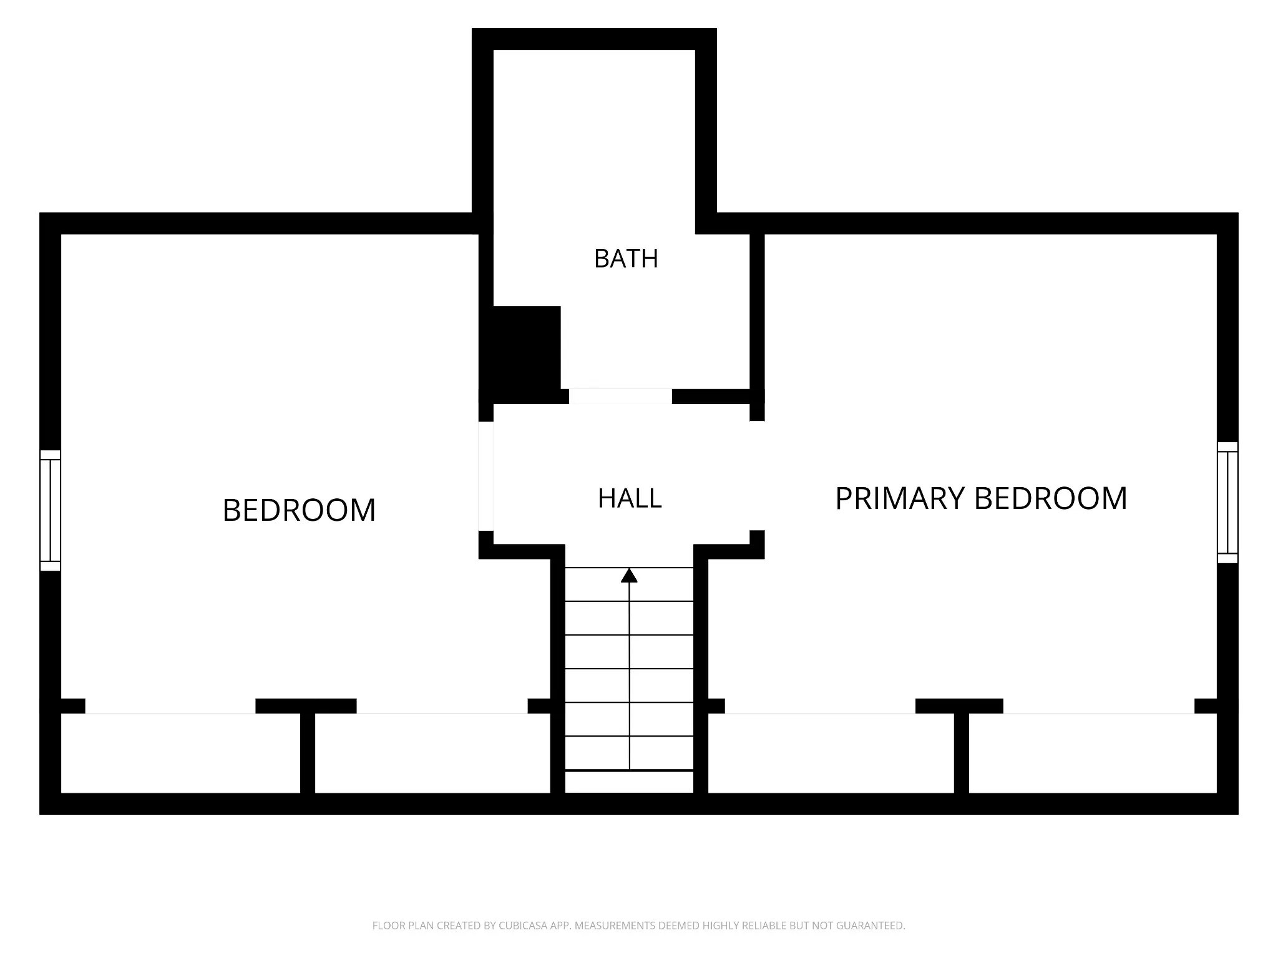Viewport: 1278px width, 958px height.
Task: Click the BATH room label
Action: (626, 259)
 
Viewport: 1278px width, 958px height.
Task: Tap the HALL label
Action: (630, 499)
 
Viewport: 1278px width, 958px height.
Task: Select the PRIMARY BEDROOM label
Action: (981, 498)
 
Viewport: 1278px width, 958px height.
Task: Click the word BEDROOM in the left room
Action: (299, 510)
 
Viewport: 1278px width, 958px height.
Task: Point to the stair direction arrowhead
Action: (629, 575)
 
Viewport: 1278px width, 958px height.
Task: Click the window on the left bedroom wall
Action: (51, 510)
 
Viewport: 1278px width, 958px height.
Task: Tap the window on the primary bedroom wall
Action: (1227, 503)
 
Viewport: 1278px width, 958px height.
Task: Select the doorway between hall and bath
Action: (620, 397)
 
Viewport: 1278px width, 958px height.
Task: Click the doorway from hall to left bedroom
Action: (486, 476)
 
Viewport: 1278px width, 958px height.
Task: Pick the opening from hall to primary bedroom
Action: (757, 476)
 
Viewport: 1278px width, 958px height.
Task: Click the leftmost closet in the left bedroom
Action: (180, 753)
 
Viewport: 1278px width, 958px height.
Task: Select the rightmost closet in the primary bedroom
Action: (1093, 753)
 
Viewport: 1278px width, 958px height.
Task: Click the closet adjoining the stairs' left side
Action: (432, 753)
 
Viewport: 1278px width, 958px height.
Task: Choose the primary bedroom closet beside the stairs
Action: (831, 753)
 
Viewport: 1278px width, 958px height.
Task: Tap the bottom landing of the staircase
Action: (629, 782)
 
